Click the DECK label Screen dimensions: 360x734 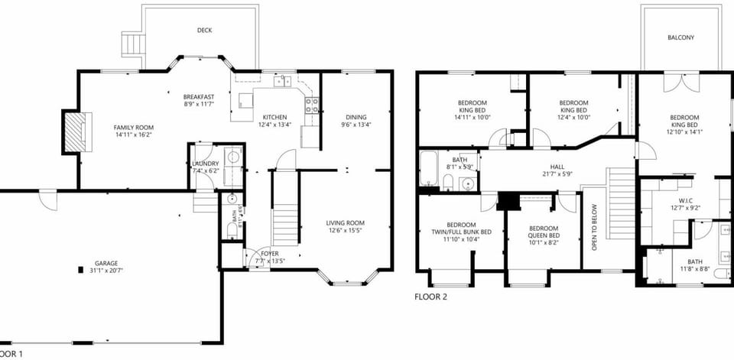[x=204, y=31]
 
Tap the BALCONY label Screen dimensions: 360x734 [x=680, y=37]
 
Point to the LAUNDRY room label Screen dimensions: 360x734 [x=206, y=164]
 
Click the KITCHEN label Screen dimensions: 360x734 [x=273, y=117]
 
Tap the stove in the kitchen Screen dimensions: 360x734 [x=312, y=105]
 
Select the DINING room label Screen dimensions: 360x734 [x=356, y=117]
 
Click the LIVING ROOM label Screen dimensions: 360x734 [x=346, y=222]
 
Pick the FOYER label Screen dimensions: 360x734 [x=270, y=253]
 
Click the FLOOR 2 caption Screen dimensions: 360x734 [x=430, y=297]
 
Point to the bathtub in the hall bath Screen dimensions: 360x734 [x=427, y=169]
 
